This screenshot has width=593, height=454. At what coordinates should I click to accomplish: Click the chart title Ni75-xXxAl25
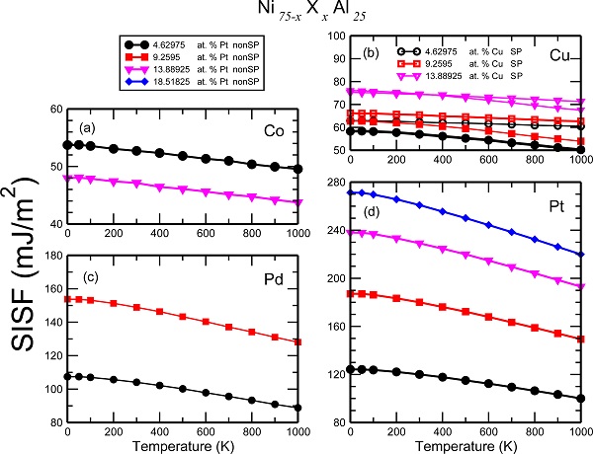click(296, 15)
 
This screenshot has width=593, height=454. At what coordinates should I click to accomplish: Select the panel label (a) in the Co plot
click(89, 129)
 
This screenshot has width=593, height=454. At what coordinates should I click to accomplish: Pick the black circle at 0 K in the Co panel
click(66, 145)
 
